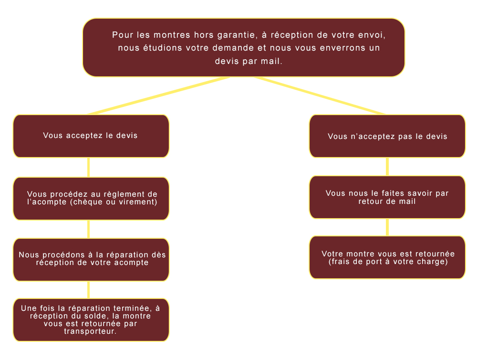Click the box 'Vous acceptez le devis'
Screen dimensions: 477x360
[91, 136]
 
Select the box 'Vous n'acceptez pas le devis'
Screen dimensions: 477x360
[387, 136]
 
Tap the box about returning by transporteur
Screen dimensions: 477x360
[91, 320]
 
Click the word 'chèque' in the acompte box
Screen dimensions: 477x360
[88, 202]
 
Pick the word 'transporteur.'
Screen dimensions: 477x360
[90, 331]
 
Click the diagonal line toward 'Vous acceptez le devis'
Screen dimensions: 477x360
[158, 96]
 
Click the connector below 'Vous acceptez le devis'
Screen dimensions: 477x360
[89, 167]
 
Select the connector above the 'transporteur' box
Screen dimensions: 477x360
[89, 290]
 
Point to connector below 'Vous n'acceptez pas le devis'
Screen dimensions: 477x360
[387, 167]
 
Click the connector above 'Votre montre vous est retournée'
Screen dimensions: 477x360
[387, 227]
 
